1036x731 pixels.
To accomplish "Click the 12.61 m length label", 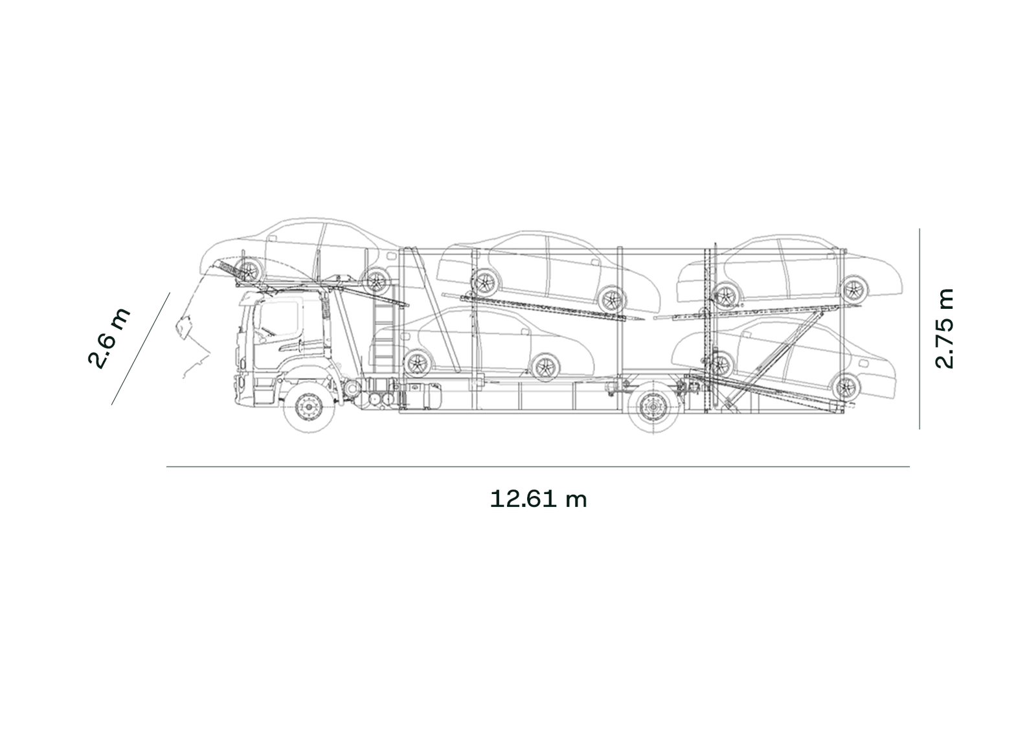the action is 538,500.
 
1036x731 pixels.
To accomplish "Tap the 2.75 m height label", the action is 944,328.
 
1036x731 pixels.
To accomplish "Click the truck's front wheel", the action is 308,407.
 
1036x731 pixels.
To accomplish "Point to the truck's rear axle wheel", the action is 653,407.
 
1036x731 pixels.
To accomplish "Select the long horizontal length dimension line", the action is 538,467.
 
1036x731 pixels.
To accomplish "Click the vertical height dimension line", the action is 919,329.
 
